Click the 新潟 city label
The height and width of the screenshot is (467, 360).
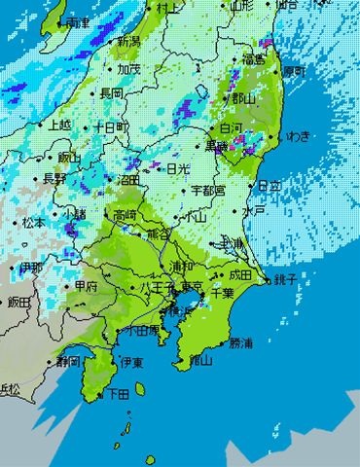(x=128, y=42)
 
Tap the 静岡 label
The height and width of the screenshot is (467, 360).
(x=69, y=360)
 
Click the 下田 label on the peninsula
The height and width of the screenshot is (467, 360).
(x=117, y=394)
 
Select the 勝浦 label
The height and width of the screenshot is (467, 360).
(x=243, y=343)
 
